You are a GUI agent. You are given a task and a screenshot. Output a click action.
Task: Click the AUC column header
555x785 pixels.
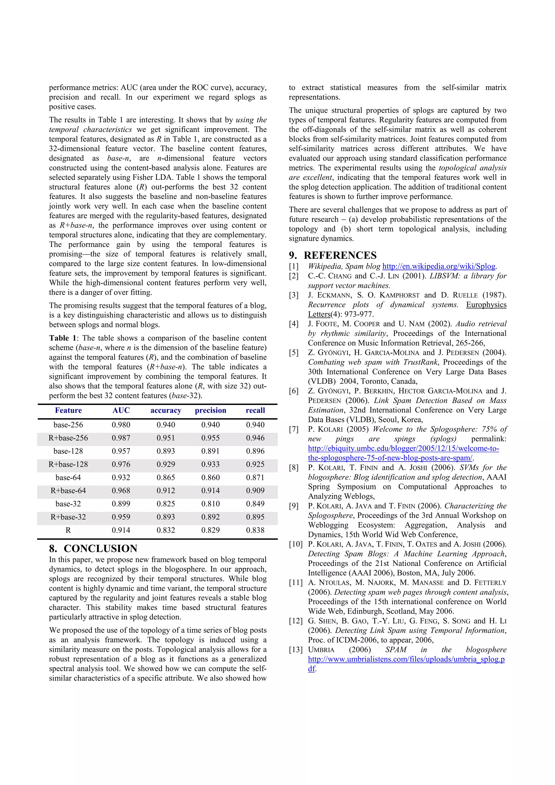121,410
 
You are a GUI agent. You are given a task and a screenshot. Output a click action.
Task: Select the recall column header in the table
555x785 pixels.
255,410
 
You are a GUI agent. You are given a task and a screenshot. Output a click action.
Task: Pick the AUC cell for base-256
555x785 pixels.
121,425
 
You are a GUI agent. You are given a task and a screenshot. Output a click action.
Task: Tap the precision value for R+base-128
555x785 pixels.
210,464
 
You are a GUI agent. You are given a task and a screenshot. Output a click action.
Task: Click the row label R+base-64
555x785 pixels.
68,491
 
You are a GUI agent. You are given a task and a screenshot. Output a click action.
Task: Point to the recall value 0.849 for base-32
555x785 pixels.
255,504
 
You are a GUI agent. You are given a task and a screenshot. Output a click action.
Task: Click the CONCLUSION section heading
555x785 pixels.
100,549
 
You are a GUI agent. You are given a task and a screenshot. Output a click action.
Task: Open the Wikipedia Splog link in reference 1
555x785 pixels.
439,266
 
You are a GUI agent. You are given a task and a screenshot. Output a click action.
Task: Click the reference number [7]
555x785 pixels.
294,429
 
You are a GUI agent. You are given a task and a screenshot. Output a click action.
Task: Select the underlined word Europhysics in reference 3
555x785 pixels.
486,305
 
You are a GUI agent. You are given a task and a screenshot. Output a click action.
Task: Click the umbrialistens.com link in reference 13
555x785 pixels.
406,659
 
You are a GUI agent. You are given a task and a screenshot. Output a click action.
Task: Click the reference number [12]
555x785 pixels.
296,621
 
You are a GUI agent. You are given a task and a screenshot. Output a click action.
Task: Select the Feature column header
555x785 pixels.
68,410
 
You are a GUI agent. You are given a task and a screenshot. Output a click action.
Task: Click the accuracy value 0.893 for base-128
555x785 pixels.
166,451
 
